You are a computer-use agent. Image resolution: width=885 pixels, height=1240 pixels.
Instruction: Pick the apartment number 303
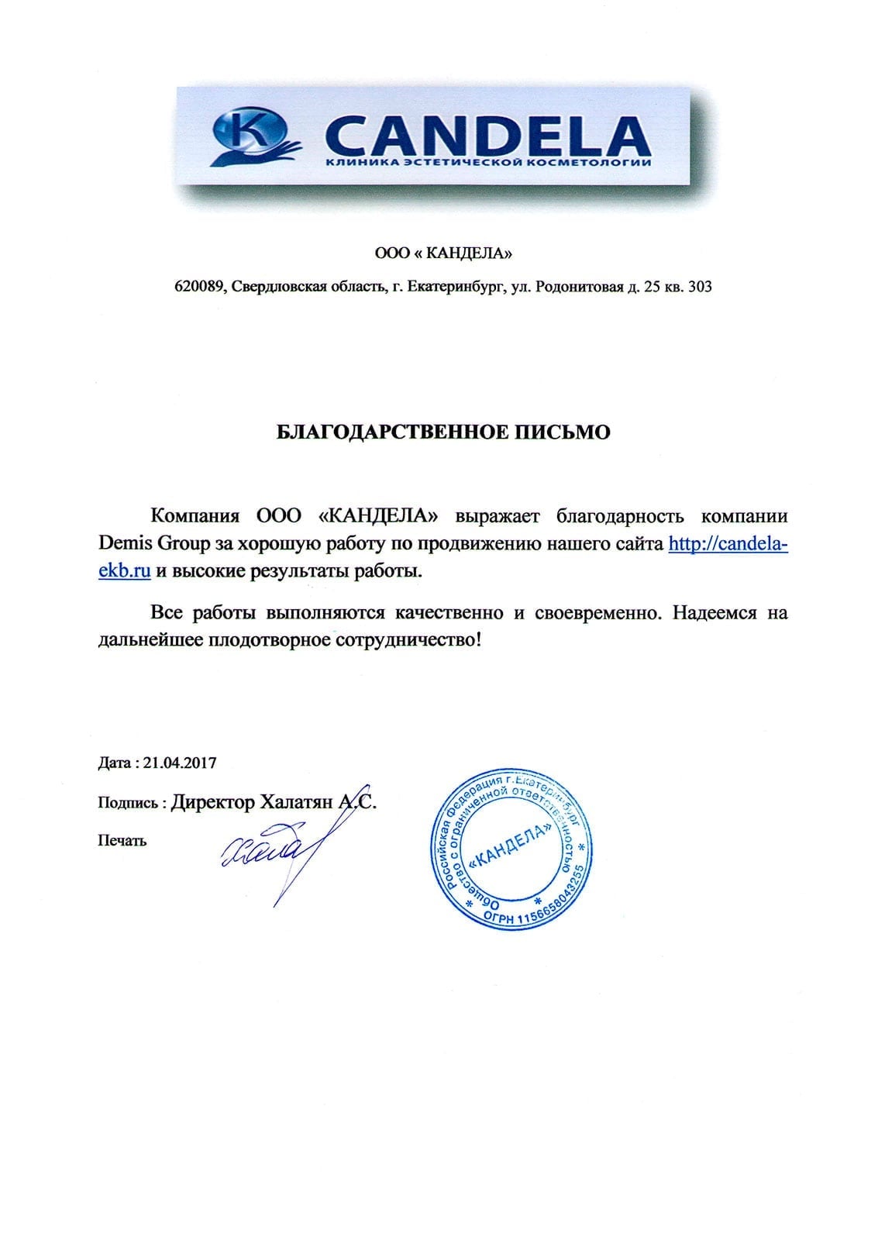point(699,287)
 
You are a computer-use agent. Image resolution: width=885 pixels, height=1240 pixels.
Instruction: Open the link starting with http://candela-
point(728,544)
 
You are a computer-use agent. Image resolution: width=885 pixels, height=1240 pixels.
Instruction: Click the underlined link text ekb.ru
point(124,572)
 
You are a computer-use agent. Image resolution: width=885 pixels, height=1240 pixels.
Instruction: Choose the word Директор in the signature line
point(212,802)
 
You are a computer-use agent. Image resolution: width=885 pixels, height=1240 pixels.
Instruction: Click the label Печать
point(122,841)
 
